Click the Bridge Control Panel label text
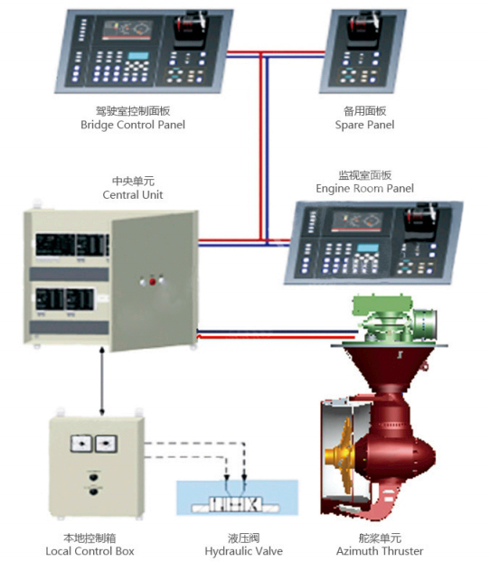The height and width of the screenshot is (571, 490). click(x=133, y=125)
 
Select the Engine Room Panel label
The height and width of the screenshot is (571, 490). click(x=364, y=188)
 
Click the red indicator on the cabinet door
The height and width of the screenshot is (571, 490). click(x=153, y=281)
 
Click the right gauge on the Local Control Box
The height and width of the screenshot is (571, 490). click(x=105, y=444)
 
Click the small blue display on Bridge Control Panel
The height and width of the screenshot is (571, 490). click(x=138, y=59)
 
